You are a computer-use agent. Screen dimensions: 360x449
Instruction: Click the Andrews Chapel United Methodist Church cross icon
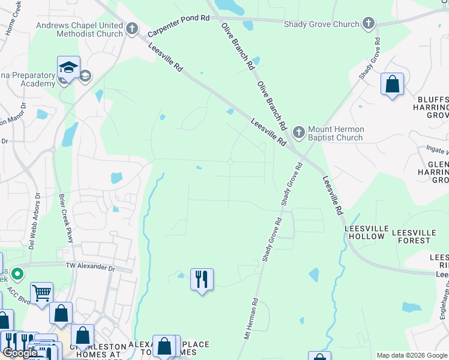click(133, 28)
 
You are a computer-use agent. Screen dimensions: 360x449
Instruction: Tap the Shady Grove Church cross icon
click(369, 24)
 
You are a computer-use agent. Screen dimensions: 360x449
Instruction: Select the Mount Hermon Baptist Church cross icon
click(298, 131)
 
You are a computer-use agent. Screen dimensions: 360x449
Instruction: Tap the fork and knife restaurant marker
click(202, 279)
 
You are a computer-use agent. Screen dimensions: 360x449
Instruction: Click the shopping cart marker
click(41, 293)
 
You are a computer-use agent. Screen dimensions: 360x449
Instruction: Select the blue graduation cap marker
click(68, 67)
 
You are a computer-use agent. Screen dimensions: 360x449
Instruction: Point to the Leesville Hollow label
click(364, 232)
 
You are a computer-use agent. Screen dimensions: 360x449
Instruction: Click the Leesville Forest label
click(420, 236)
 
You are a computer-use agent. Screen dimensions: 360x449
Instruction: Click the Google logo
click(20, 353)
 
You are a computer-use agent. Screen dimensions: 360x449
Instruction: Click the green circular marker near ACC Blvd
click(17, 275)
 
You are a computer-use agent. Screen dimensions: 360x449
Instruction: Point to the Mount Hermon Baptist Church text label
click(336, 133)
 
